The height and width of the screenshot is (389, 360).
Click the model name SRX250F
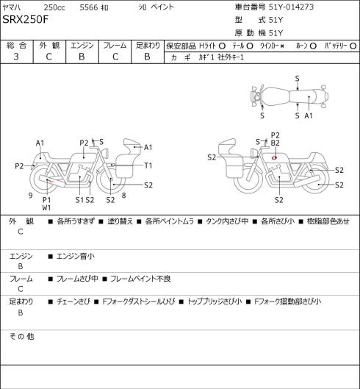tap(26, 19)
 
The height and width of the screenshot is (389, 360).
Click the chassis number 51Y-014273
tap(292, 7)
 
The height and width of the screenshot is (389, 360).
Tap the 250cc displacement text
tap(54, 7)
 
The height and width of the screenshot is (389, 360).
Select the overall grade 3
tap(16, 57)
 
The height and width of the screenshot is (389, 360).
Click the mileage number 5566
tap(89, 7)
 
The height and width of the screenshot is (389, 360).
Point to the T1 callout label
tap(148, 165)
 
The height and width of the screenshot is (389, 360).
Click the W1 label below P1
tap(46, 207)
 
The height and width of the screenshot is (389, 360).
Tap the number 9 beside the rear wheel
tap(31, 196)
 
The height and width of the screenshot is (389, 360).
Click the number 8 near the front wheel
tap(123, 196)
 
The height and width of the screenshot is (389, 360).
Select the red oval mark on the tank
tap(274, 157)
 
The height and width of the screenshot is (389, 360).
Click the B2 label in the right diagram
tap(276, 143)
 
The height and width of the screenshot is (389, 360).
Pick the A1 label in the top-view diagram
tap(309, 115)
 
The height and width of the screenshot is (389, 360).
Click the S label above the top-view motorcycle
tap(298, 79)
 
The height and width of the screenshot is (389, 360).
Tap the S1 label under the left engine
tap(79, 200)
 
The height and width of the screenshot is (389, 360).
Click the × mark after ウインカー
tap(282, 46)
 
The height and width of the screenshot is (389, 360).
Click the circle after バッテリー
tap(353, 46)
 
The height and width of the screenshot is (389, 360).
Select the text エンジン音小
tap(76, 256)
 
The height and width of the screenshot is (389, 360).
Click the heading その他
tap(21, 336)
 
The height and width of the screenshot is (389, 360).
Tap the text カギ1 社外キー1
tap(221, 57)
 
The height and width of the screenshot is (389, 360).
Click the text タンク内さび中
tap(227, 221)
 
